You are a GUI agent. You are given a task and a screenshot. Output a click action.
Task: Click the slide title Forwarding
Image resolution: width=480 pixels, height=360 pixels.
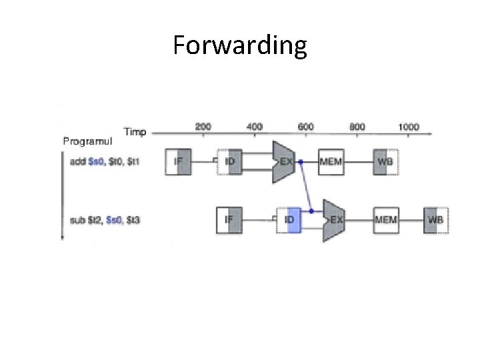point(240,46)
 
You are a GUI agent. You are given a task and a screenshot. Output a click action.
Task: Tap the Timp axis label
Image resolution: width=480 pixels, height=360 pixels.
point(135,131)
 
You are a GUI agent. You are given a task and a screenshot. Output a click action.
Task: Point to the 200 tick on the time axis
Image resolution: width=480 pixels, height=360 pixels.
point(203,126)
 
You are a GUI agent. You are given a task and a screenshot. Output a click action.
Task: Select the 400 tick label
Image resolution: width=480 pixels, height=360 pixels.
point(254,126)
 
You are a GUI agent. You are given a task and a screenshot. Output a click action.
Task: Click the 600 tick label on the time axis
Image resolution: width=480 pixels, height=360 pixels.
point(305,126)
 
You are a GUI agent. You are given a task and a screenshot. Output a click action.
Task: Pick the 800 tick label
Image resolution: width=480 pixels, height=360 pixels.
point(357,126)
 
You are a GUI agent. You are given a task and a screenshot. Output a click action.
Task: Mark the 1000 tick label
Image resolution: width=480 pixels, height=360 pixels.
point(409,126)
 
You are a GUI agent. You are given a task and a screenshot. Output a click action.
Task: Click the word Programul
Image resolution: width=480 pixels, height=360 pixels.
point(87,141)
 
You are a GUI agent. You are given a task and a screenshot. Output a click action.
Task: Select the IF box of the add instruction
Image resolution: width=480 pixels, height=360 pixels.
point(178,161)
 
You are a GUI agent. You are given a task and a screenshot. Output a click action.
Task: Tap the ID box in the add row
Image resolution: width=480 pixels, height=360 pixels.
point(230,161)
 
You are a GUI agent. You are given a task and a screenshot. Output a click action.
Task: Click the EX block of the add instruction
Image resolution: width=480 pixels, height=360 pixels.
point(283,161)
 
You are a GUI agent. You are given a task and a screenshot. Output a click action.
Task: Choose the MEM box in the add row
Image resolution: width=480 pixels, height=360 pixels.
point(331,161)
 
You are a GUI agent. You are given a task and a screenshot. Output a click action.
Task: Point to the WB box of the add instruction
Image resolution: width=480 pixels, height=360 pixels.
point(385,161)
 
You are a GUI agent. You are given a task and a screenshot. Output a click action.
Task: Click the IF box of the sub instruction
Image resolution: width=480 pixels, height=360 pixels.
point(229,219)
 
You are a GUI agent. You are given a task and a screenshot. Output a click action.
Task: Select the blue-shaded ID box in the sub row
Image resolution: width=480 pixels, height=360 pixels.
point(290,219)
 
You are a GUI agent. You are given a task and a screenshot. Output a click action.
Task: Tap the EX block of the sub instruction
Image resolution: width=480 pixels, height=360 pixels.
point(335,219)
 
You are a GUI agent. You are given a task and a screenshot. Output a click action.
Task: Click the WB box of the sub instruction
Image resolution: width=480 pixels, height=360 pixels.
point(436,219)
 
